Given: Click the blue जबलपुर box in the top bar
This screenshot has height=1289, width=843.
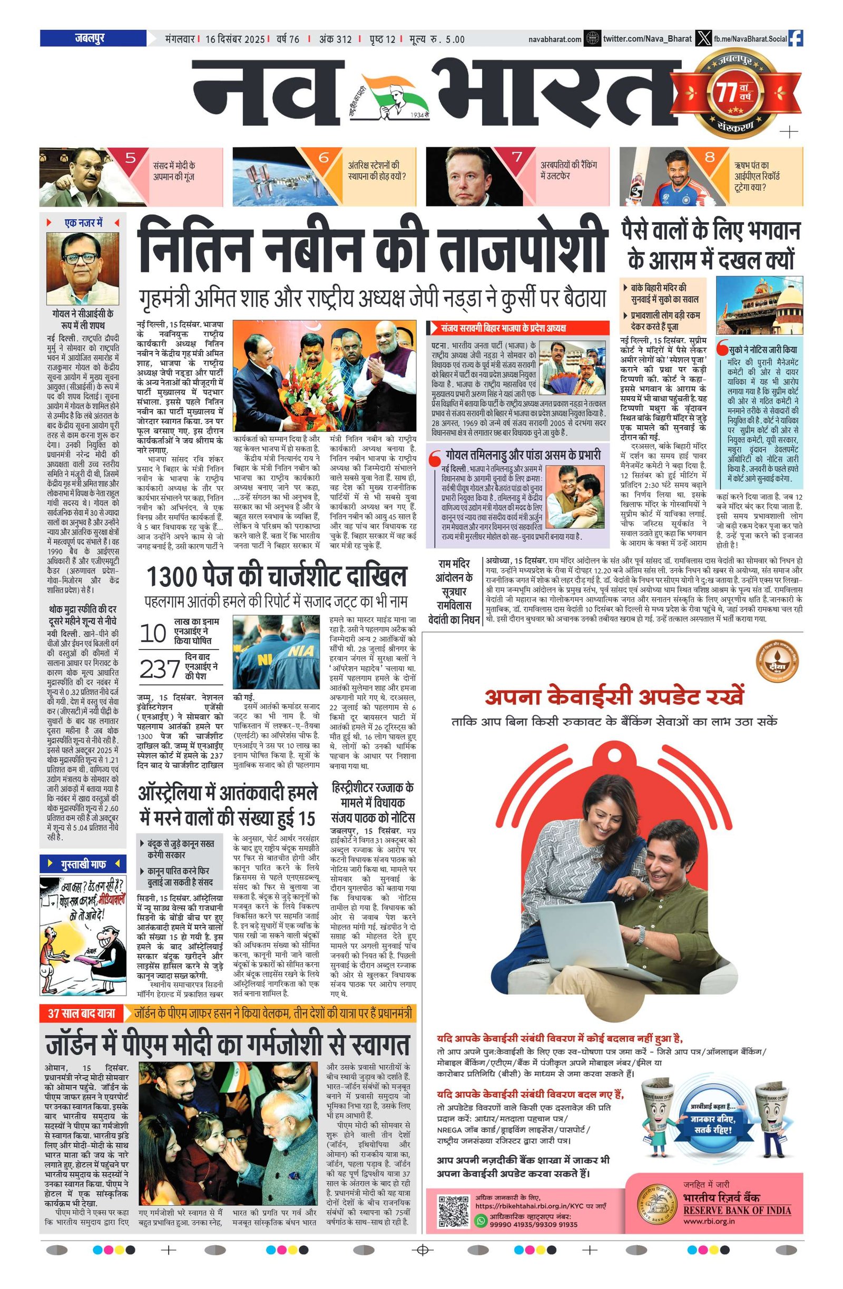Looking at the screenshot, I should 93,38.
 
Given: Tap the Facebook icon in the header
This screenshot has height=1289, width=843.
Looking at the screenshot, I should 796,38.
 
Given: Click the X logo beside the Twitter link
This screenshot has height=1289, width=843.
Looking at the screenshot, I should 703,38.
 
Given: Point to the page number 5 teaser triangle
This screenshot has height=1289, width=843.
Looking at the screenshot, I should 130,159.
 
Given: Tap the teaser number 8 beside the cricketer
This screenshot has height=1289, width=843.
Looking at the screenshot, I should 709,158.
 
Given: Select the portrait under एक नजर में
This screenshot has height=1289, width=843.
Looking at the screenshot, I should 82,269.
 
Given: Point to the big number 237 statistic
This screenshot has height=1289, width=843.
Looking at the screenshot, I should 160,670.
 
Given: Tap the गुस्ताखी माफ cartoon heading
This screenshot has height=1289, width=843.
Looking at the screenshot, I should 83,864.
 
